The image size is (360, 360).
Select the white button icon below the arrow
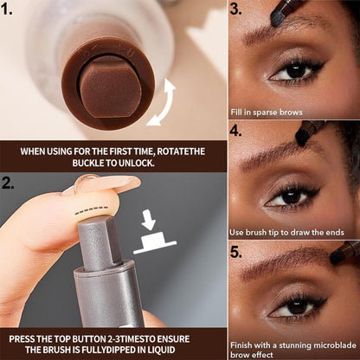coord(155,241)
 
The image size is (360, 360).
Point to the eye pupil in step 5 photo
coord(296,307)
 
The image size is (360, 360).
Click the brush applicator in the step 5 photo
coord(344,254)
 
